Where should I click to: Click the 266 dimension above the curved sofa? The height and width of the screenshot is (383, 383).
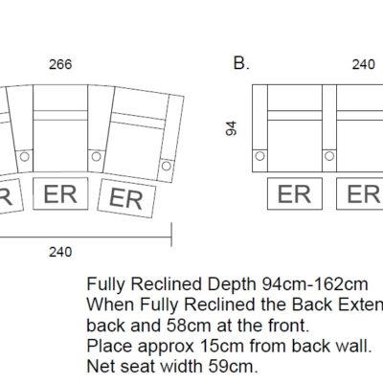pos(60,64)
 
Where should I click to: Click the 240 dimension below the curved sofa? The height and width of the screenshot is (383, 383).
pos(60,252)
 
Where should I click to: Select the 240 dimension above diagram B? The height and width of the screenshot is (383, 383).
pos(364,64)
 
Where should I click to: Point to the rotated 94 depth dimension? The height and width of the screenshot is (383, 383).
pos(231,128)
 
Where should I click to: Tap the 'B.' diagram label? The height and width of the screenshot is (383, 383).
pos(241,63)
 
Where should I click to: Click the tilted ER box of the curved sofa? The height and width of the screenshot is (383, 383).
pos(126,198)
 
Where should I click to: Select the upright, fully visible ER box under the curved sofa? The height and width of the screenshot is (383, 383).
pos(60,193)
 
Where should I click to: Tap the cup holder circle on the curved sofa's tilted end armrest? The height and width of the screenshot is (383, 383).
pos(166,166)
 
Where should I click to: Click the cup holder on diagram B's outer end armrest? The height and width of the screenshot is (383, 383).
pos(260,156)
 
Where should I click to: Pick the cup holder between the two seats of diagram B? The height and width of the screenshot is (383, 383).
pos(329,156)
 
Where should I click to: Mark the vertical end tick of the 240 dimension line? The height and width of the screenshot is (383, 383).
pos(171,235)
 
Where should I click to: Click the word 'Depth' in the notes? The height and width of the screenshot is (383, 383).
pos(234,284)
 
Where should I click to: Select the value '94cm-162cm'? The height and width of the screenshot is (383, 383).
pos(315,284)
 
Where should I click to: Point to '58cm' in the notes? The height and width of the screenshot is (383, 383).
pos(189,326)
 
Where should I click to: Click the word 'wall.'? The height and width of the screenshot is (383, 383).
pos(354,346)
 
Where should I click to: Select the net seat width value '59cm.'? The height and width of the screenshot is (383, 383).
pos(234,367)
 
